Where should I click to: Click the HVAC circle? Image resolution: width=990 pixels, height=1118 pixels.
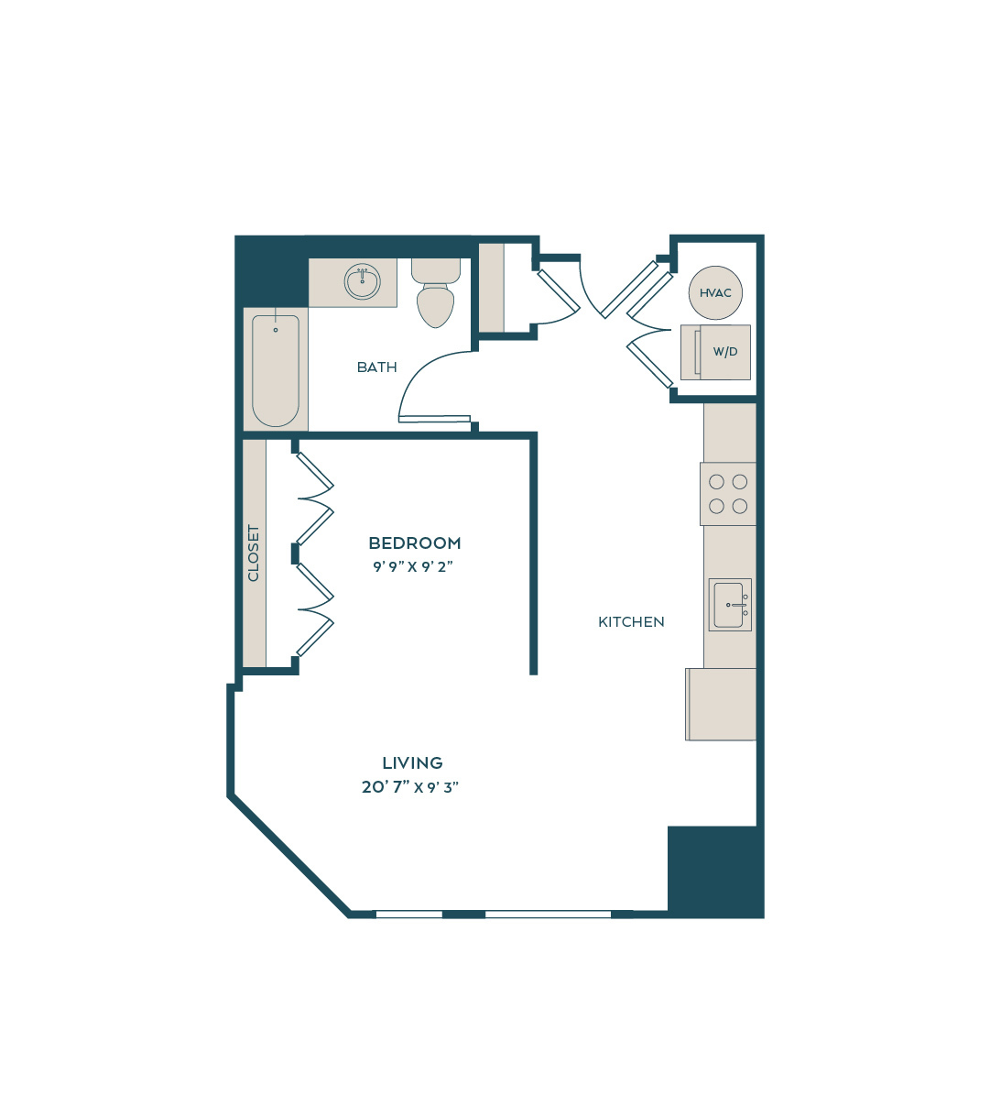pos(714,292)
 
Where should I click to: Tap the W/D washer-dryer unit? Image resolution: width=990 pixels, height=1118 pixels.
pos(715,352)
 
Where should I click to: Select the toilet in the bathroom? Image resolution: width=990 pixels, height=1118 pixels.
pos(435,292)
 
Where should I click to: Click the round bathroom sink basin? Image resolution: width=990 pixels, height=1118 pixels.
pos(363,281)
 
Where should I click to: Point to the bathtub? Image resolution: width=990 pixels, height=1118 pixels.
pos(276,370)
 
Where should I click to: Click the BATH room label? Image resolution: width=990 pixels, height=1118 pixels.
pos(376,367)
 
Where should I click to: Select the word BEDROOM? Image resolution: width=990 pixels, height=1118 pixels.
pos(415,543)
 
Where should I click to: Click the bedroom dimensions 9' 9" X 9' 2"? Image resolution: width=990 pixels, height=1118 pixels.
pos(413,566)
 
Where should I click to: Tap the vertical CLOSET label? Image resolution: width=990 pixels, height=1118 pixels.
pos(253,553)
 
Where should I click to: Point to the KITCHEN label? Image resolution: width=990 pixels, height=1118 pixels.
pos(631,622)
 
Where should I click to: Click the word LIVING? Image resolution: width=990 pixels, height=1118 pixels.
pos(412,762)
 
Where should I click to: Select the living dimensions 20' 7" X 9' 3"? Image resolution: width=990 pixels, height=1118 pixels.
pos(410,787)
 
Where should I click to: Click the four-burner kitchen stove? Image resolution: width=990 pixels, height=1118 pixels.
pos(728,494)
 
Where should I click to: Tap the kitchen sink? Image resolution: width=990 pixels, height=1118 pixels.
pos(730,605)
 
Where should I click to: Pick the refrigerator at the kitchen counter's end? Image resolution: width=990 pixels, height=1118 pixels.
pos(721,704)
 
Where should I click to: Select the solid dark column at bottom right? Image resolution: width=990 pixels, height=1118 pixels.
pos(715,871)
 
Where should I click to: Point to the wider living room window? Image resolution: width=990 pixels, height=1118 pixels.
pos(548,915)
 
